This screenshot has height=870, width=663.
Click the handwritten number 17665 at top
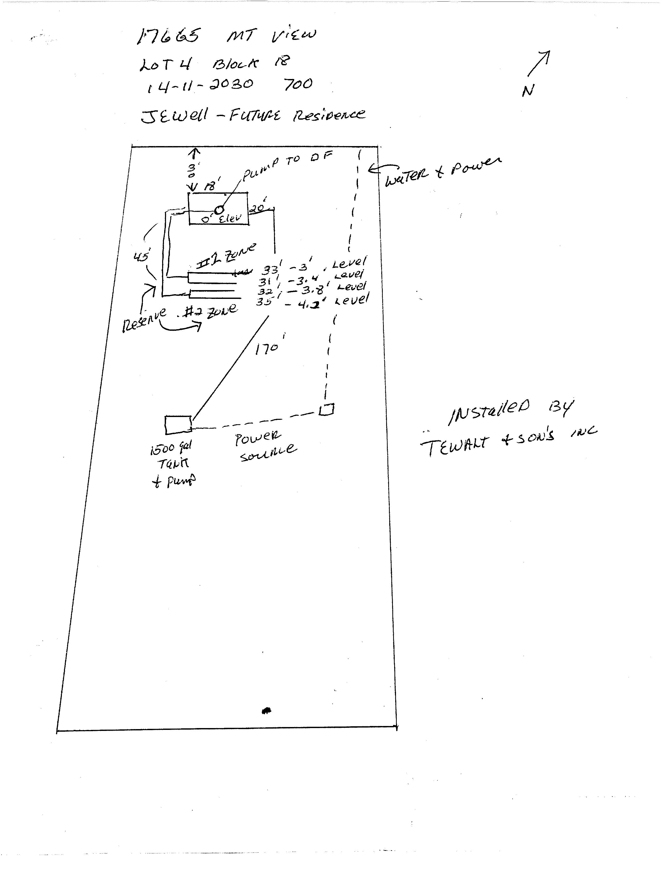click(x=169, y=36)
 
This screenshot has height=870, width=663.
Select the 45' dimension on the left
click(x=141, y=257)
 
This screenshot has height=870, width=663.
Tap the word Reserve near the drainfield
click(x=144, y=320)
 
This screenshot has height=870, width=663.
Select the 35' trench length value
click(x=264, y=301)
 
